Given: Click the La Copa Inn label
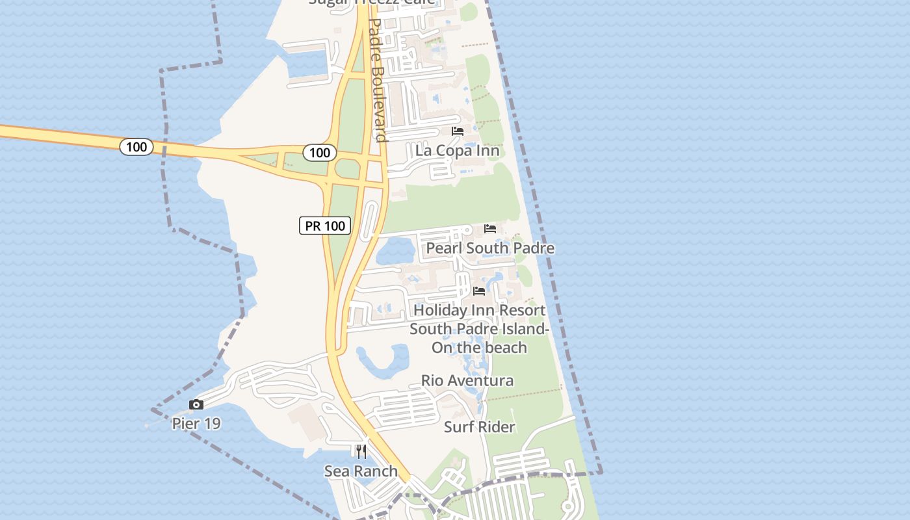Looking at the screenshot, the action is click(x=457, y=151).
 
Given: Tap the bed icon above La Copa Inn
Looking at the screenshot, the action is click(x=458, y=131).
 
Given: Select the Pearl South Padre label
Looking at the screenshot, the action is click(x=490, y=248).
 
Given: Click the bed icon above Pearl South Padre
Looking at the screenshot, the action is click(x=490, y=229).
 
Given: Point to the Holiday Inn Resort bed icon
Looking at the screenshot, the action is click(x=479, y=291).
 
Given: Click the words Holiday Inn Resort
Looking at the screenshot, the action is click(x=480, y=310).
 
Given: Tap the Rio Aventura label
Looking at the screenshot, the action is click(x=467, y=380).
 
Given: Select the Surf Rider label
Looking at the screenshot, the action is click(x=480, y=427).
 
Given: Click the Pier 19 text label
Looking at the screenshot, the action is click(x=196, y=424).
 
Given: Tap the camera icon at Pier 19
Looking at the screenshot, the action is click(x=196, y=405).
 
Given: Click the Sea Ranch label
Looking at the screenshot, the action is click(x=361, y=471).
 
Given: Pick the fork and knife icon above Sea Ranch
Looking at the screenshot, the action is click(x=361, y=452).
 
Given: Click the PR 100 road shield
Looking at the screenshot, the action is click(x=325, y=226).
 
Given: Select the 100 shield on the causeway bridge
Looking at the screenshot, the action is click(x=136, y=147).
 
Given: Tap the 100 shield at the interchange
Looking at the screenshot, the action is click(x=320, y=153).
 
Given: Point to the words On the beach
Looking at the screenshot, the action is click(x=480, y=347).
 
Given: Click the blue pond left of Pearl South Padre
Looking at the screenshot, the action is click(x=395, y=252).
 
